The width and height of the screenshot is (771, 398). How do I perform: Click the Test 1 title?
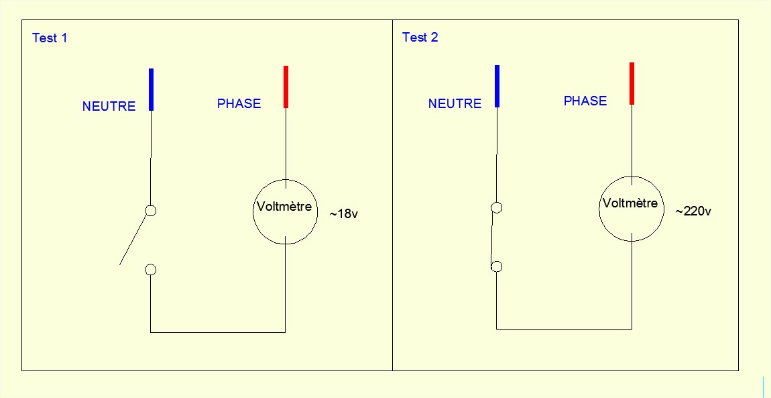(50, 38)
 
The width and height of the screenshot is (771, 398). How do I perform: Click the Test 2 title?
(420, 38)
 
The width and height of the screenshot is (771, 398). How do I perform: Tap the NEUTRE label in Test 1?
(109, 106)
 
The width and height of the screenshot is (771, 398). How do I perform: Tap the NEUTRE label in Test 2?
(455, 104)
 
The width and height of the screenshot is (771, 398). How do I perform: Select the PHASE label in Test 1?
(239, 104)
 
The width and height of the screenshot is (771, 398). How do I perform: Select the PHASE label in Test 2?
(585, 101)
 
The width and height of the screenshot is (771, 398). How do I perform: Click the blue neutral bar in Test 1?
(152, 89)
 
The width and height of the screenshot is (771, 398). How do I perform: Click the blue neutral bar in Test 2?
(497, 86)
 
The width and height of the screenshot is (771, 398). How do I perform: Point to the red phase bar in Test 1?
(286, 87)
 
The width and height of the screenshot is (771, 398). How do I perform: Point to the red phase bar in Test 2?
(632, 83)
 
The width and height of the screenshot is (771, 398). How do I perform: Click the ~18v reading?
(343, 215)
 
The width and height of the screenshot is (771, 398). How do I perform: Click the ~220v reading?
(693, 211)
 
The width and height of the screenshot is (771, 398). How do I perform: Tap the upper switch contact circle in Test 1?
(151, 211)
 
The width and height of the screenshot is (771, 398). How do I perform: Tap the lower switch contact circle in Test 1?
(151, 270)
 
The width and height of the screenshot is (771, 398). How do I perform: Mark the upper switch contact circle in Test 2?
(496, 207)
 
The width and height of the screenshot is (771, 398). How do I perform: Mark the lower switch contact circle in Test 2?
(496, 266)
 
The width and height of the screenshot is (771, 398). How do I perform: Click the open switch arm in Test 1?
(133, 239)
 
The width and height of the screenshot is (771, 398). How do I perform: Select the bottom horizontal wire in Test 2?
(564, 329)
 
